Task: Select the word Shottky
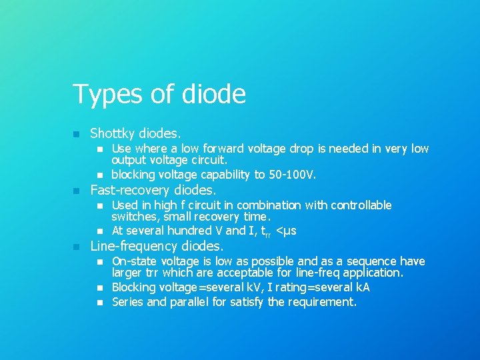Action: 115,133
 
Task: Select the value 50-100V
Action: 291,175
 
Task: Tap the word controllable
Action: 359,205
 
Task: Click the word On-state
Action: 134,261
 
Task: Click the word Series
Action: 126,302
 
